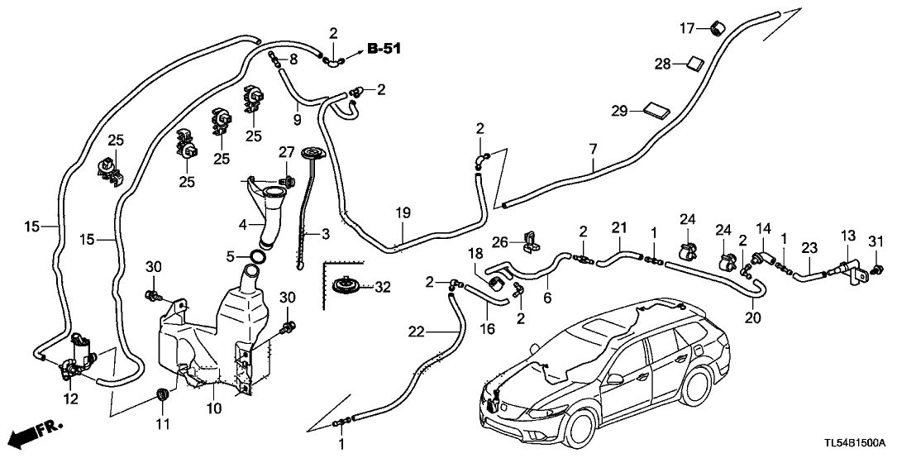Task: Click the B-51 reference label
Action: click(x=383, y=50)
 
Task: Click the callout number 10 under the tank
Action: click(x=214, y=408)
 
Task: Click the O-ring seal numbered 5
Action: click(x=257, y=257)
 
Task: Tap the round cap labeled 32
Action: click(x=346, y=287)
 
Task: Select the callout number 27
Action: click(x=285, y=152)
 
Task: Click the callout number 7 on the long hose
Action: click(x=592, y=149)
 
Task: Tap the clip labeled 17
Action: click(x=713, y=31)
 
